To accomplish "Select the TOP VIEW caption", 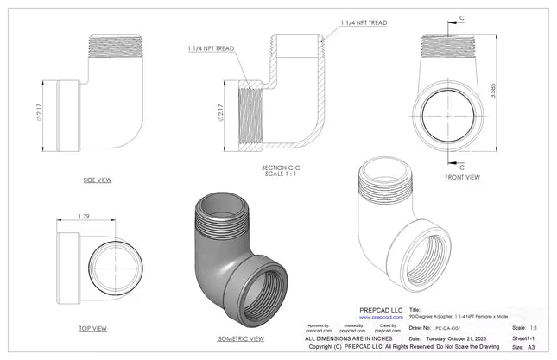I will coord(92,328).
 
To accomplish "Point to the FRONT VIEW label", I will coord(462,177).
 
